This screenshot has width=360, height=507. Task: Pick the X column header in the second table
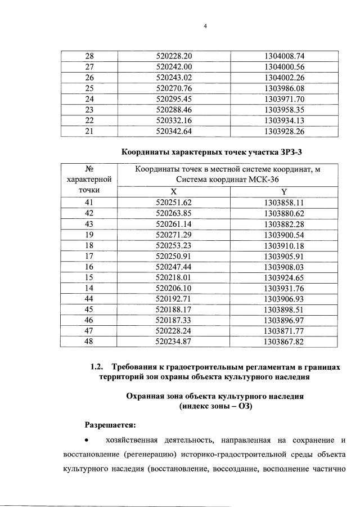click(x=174, y=191)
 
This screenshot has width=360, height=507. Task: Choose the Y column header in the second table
click(x=284, y=191)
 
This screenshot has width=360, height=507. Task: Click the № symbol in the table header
click(x=88, y=169)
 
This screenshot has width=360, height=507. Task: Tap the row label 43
click(x=89, y=224)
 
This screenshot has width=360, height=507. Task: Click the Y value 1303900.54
click(x=284, y=235)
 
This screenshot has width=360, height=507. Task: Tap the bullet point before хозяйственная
click(x=86, y=439)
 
